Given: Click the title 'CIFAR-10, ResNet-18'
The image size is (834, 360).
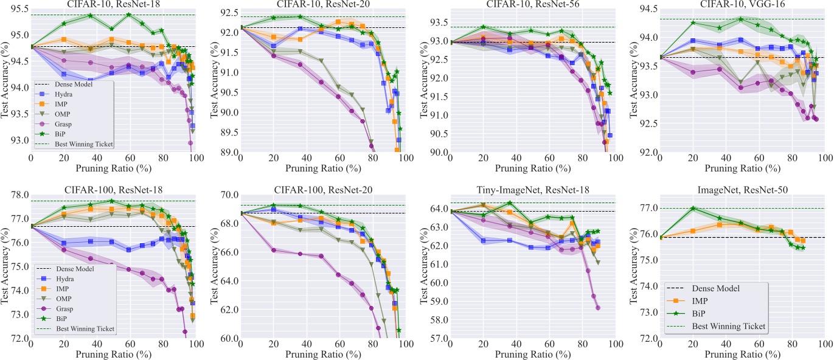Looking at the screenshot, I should (x=113, y=5).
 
